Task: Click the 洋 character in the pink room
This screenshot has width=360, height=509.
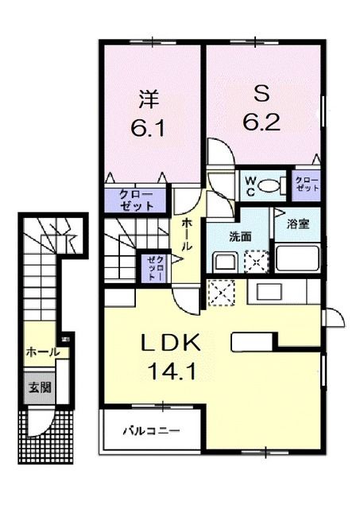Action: click(x=149, y=100)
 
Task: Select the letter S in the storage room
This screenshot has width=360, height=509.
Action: click(x=263, y=95)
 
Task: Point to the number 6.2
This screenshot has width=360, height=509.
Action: click(x=263, y=122)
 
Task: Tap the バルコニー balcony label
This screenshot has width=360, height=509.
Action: click(x=151, y=432)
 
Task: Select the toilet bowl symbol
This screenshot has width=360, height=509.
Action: click(x=270, y=186)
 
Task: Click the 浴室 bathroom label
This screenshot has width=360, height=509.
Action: click(x=299, y=223)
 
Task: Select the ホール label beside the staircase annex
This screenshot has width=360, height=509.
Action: click(x=41, y=352)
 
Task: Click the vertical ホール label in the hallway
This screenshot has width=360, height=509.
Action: click(x=185, y=235)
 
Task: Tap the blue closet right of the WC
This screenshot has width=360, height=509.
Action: click(x=306, y=185)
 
